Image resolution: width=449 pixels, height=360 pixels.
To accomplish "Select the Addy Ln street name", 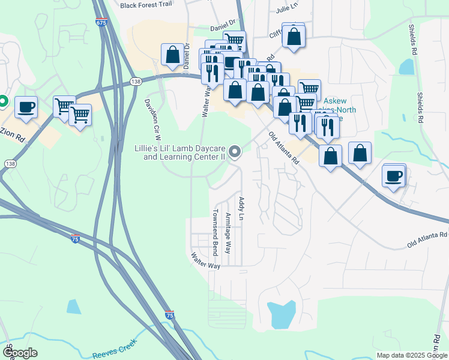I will coord(241,208).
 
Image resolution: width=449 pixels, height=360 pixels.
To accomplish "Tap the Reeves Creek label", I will coord(114,349).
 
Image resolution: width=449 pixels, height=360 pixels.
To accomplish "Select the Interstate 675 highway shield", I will coord(101,22).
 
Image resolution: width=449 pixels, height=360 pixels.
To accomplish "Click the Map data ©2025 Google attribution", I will coord(412,355).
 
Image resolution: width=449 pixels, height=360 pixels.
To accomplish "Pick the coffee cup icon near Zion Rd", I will coord(26,107).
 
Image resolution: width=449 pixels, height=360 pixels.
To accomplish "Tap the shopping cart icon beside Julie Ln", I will coord(234,41).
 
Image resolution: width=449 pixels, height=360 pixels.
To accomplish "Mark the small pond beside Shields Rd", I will coord(406,66).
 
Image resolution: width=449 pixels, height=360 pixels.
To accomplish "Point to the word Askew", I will coord(335,102).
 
